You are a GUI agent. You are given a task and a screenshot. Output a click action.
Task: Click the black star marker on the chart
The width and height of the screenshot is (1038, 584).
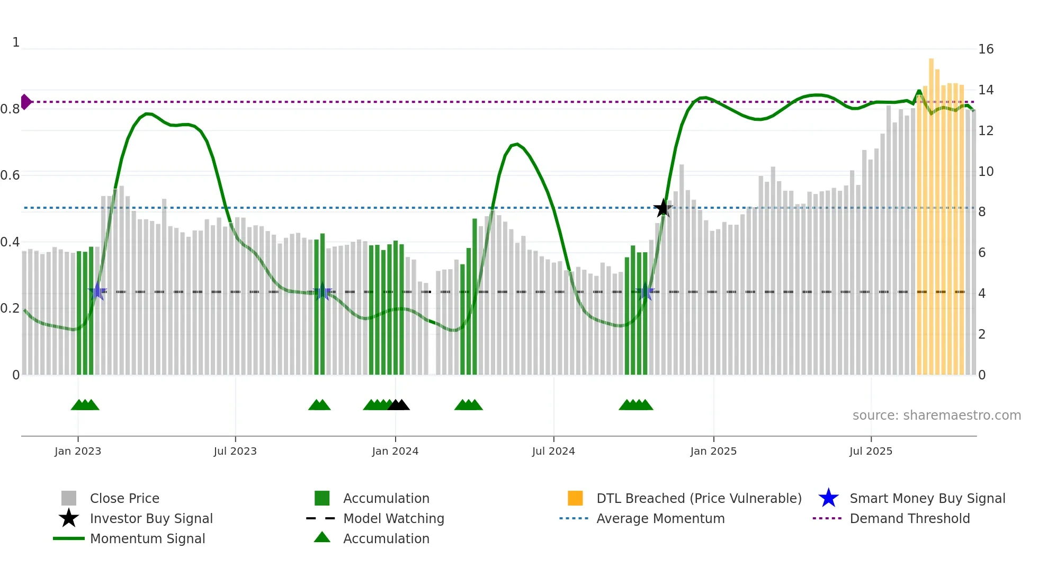click(663, 208)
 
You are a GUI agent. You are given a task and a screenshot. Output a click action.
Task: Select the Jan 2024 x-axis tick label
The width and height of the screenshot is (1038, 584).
click(395, 451)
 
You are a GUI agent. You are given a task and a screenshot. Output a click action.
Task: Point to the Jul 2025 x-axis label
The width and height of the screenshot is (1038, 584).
click(871, 451)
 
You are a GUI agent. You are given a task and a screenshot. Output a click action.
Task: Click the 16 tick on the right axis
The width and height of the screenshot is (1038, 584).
click(986, 49)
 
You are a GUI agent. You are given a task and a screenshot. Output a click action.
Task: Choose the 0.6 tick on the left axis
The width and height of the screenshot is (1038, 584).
click(10, 175)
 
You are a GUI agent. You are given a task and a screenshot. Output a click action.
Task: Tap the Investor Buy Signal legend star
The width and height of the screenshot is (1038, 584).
click(69, 518)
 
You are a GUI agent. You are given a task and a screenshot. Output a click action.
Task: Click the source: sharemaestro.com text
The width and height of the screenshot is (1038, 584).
click(936, 415)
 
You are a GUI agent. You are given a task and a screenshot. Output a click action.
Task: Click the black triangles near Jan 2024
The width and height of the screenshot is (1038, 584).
click(399, 405)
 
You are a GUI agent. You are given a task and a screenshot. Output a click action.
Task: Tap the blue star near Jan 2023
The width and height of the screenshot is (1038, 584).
click(97, 291)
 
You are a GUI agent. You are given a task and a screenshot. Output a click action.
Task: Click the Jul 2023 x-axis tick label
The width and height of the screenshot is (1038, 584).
click(235, 451)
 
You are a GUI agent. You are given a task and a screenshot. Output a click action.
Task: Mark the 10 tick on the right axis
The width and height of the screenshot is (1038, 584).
click(986, 172)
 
